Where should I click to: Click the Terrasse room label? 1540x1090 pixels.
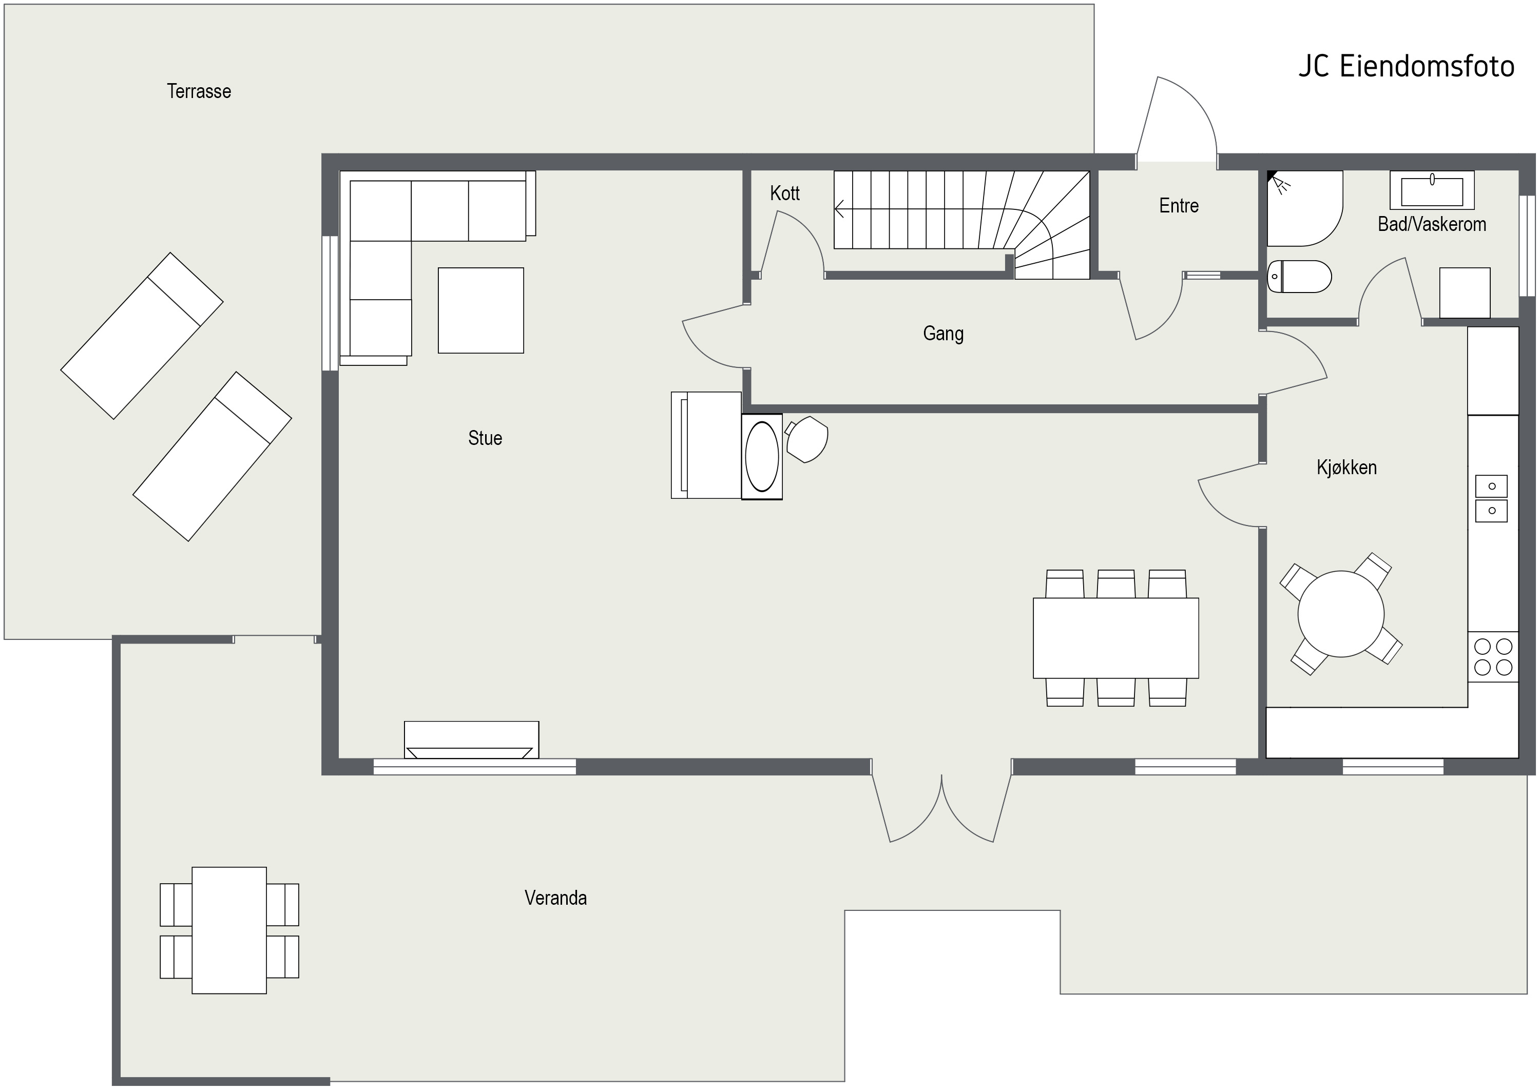199,91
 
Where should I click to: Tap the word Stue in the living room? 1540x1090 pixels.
485,438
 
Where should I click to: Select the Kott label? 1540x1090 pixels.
785,193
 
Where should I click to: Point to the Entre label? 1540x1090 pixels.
1179,205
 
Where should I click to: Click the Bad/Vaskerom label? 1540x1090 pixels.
1432,224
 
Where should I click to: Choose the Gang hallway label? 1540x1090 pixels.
943,334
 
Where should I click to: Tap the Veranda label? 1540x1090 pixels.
555,898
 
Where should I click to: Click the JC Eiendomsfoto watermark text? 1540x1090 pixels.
1407,66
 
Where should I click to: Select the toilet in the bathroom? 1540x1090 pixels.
1299,277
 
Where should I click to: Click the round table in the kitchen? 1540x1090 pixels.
1341,613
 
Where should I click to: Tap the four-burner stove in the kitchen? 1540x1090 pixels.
1493,657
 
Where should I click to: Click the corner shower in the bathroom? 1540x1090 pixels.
1304,208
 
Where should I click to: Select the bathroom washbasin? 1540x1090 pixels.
1432,190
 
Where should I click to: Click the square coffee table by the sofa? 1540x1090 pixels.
480,311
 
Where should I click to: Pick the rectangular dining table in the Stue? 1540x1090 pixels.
1115,638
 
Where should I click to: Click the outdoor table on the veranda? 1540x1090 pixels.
229,930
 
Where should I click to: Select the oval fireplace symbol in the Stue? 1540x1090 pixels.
762,456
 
